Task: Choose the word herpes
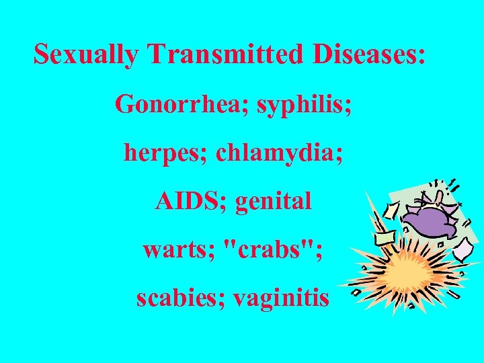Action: (x=165, y=153)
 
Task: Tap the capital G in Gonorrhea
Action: (x=125, y=105)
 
